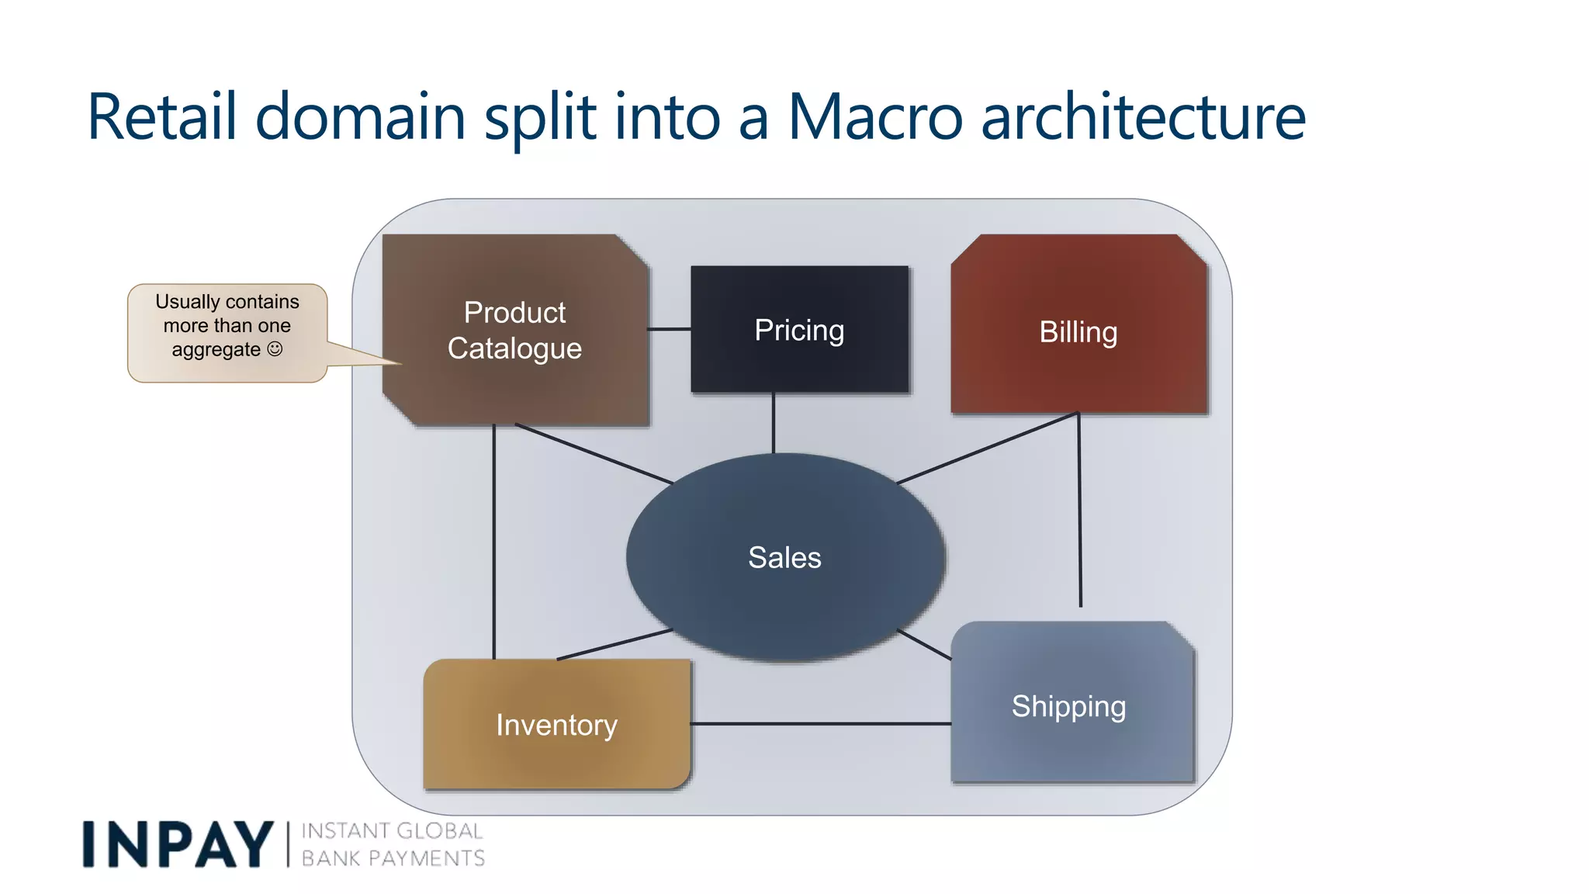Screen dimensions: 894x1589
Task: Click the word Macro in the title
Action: click(x=874, y=118)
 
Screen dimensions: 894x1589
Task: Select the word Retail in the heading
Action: click(x=161, y=118)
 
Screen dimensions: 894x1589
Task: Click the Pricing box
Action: click(x=799, y=330)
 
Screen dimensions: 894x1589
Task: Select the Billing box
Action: click(x=1078, y=332)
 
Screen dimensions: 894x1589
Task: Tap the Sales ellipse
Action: click(x=784, y=557)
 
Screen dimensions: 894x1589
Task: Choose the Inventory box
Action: click(x=556, y=725)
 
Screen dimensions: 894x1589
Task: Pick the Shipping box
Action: click(x=1068, y=706)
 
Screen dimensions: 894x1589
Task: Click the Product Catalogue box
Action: click(x=514, y=331)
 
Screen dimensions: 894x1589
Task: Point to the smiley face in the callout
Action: click(x=275, y=349)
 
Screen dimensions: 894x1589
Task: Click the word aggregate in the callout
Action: click(x=216, y=350)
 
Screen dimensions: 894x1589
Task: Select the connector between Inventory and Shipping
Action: click(x=820, y=724)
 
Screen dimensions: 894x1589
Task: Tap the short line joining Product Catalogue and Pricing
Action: click(x=669, y=329)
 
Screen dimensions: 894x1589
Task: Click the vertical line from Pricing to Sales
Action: click(x=773, y=423)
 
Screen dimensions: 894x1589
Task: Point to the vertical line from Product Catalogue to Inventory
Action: click(x=493, y=543)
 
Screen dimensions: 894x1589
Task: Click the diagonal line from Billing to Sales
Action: click(x=987, y=448)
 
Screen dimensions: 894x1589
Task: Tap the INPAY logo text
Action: click(x=178, y=844)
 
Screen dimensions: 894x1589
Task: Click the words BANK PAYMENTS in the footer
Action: click(x=393, y=858)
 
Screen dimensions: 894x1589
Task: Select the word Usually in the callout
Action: click(x=187, y=301)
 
